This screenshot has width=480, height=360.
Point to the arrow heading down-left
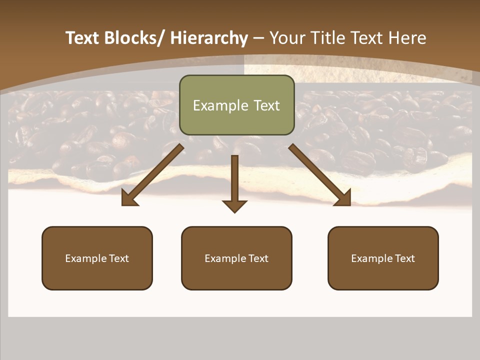tap(152, 175)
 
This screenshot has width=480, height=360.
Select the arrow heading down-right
tap(320, 175)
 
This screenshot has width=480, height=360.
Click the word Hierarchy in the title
tap(209, 38)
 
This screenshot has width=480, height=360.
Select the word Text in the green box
tap(266, 105)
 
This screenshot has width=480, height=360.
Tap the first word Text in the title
tap(82, 38)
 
